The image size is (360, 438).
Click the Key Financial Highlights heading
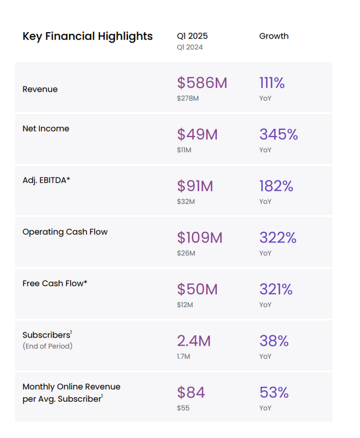click(88, 36)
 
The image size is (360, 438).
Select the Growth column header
click(274, 36)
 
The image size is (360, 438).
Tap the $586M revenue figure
click(202, 83)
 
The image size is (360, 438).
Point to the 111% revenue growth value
click(272, 83)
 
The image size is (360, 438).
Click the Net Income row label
click(46, 128)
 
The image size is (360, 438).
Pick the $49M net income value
click(197, 134)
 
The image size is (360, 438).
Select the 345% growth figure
click(278, 134)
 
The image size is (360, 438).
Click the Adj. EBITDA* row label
click(46, 180)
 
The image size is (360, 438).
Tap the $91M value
click(195, 186)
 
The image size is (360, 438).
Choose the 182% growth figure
click(276, 186)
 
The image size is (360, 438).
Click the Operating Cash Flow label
click(65, 232)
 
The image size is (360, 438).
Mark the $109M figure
click(200, 238)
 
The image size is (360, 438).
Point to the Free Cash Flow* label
click(55, 283)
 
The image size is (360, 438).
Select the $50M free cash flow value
click(197, 289)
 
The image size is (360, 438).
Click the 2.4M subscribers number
click(194, 340)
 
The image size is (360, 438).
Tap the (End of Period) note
click(47, 346)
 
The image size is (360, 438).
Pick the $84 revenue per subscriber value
click(191, 392)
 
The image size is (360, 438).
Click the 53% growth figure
click(274, 392)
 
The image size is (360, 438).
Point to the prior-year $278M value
click(188, 98)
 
